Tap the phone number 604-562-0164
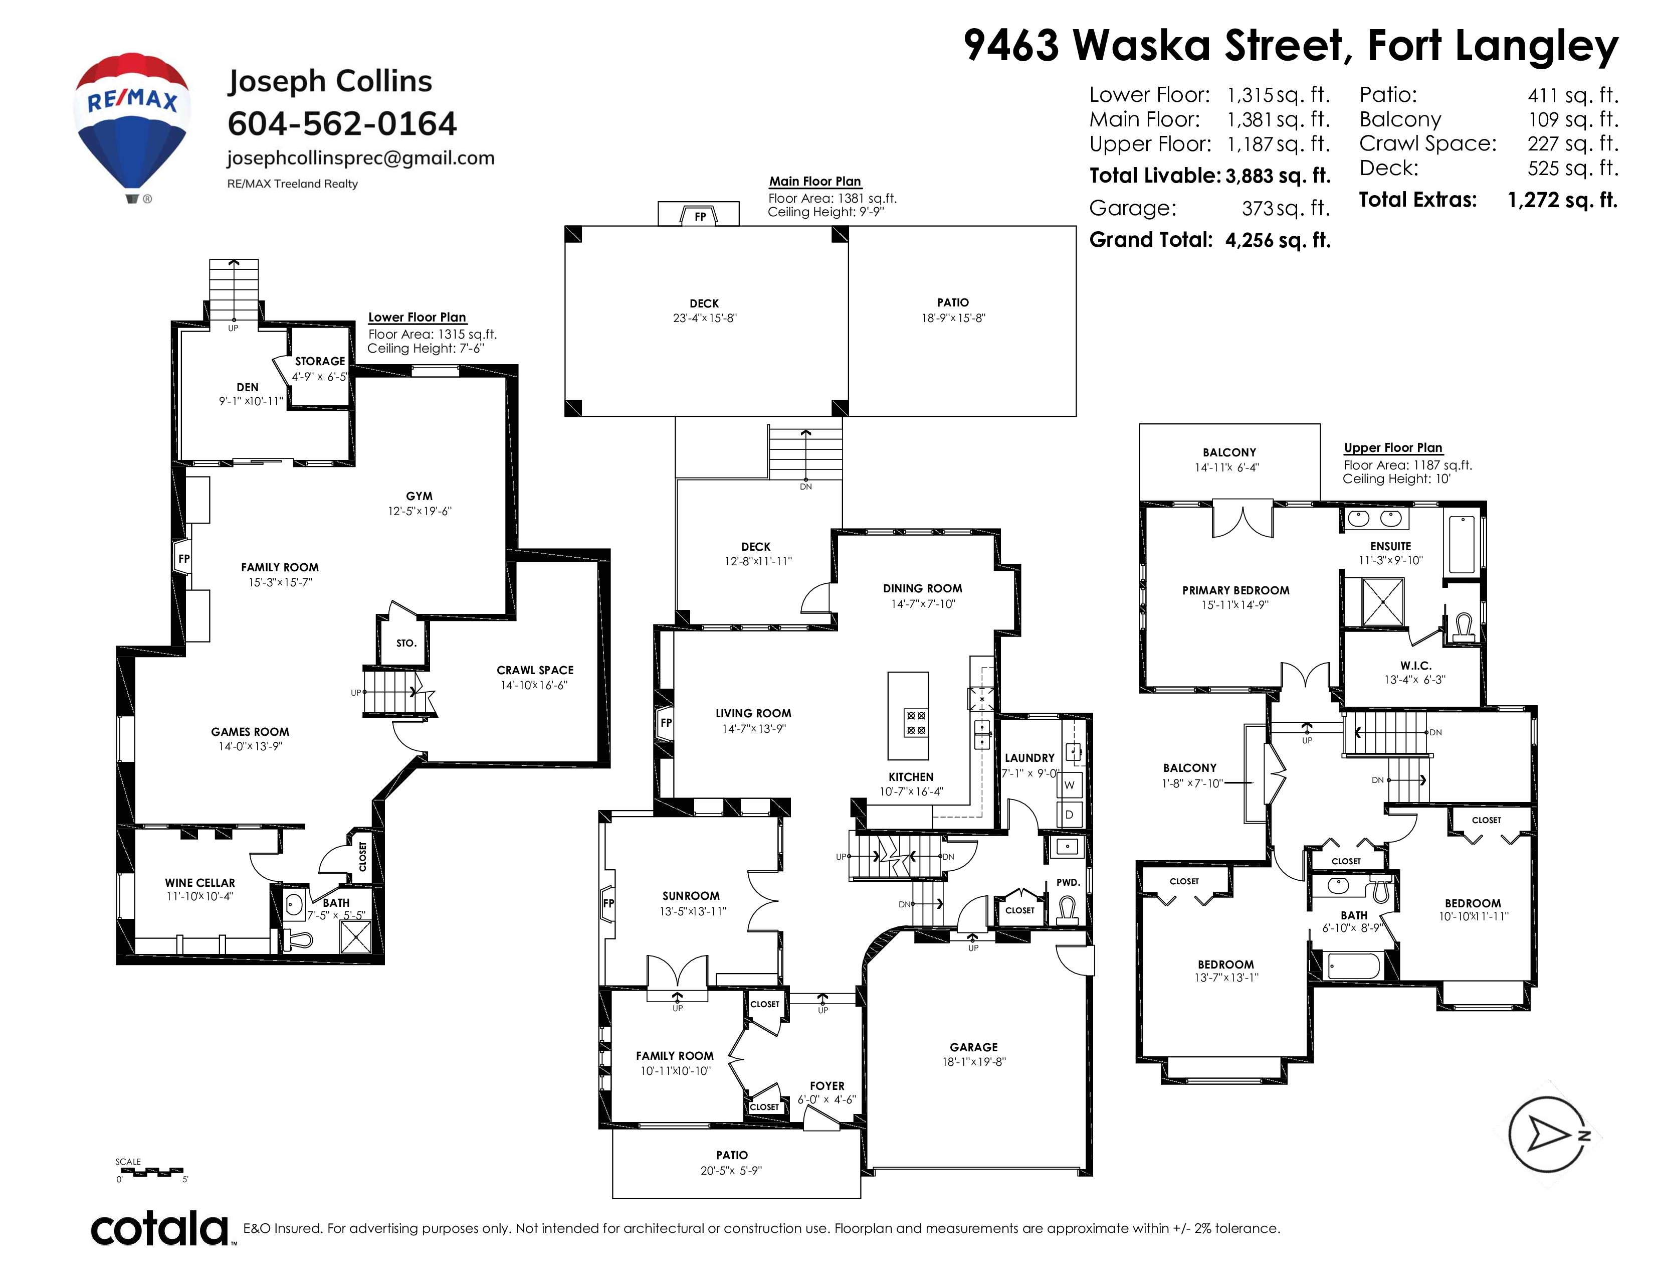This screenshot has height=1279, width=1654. (x=342, y=123)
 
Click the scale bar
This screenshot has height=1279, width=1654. (x=151, y=1171)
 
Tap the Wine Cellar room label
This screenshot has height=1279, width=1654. (x=200, y=883)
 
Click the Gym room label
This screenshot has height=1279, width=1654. (x=419, y=496)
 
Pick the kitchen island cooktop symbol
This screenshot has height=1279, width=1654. (x=916, y=722)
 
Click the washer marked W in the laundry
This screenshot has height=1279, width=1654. (x=1070, y=784)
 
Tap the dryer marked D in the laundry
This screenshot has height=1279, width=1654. (x=1070, y=815)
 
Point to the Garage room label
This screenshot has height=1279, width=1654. (x=973, y=1047)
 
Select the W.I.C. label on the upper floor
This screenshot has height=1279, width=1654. (x=1415, y=665)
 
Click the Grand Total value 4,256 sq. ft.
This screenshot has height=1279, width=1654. (x=1278, y=240)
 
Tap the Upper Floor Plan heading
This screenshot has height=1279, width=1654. (x=1393, y=448)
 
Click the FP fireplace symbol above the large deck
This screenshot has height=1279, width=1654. (x=700, y=216)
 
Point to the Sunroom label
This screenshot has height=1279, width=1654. (x=691, y=896)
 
